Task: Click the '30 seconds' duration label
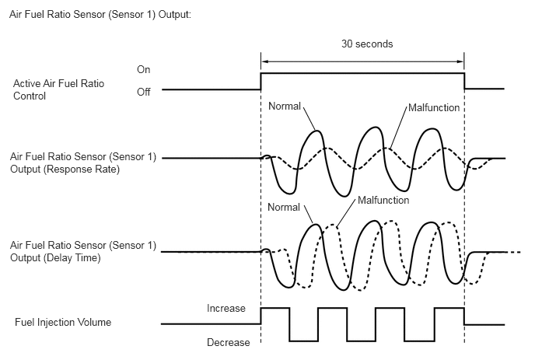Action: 367,44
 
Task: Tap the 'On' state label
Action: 144,70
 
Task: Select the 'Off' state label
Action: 144,92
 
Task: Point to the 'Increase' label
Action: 226,309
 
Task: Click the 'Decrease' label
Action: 229,342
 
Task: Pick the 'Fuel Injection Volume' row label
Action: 63,323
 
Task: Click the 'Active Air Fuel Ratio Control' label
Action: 58,89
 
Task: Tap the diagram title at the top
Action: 100,15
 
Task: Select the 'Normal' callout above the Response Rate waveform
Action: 285,106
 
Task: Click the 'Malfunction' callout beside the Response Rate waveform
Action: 434,108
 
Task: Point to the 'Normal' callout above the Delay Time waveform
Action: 284,207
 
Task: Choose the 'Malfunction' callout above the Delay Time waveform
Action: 383,201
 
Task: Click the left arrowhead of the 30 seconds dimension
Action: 264,61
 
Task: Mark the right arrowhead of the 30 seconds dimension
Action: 461,61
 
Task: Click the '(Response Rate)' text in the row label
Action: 82,170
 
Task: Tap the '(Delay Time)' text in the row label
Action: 72,257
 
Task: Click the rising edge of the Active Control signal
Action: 261,81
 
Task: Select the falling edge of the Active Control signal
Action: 464,81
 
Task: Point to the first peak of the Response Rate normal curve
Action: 317,131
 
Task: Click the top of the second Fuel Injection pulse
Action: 333,308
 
